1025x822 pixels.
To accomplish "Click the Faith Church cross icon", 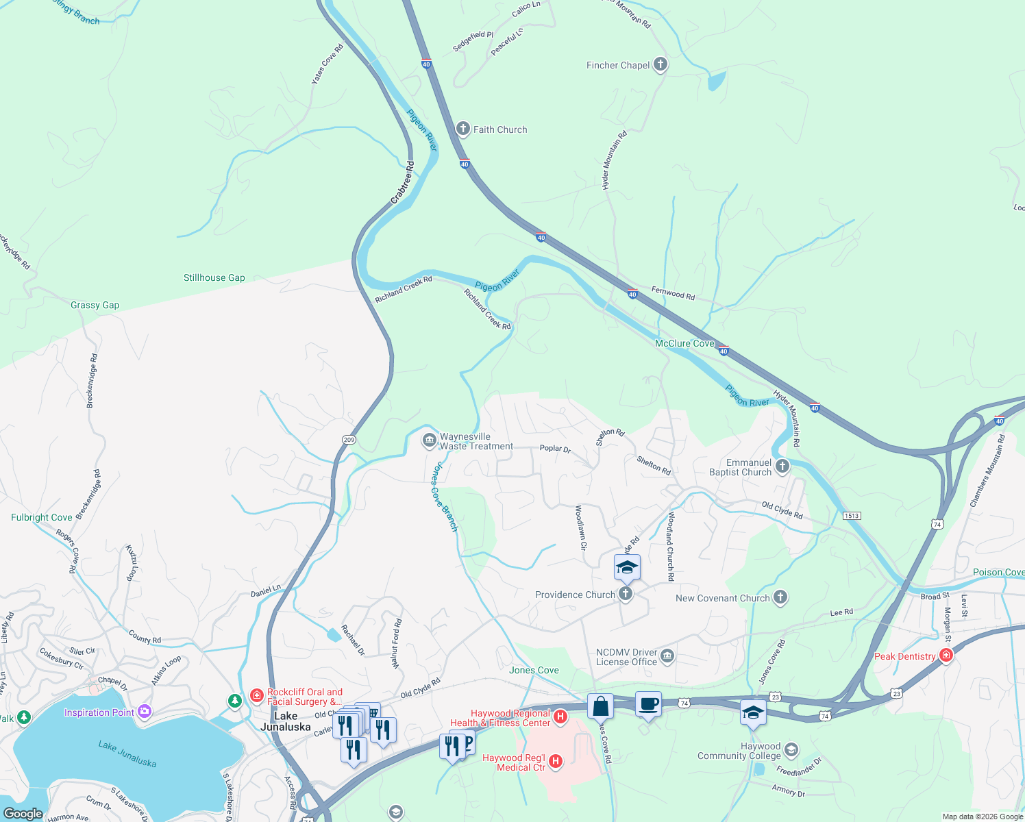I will click(463, 129).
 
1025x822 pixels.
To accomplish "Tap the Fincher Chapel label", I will click(617, 65).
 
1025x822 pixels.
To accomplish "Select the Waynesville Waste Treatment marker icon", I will click(430, 440).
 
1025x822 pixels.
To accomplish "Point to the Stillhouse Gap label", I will click(214, 277).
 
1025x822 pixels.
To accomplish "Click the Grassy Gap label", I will click(95, 305).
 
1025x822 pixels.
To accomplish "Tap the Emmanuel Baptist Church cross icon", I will click(782, 466).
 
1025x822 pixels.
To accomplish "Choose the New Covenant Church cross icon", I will click(780, 597).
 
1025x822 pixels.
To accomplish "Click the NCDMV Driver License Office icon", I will click(667, 656).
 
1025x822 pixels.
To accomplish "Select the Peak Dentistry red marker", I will click(946, 656).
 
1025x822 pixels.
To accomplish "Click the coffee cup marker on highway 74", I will click(648, 704).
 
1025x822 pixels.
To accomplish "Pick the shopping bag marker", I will click(600, 706).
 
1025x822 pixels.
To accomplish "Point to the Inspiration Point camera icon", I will click(144, 712).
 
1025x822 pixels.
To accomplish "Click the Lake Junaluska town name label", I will click(285, 721).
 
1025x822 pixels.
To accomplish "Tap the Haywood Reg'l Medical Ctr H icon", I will click(556, 761).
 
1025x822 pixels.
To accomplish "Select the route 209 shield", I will click(349, 440).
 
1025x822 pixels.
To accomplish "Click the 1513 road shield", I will click(851, 516).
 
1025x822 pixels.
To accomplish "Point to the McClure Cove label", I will click(684, 343).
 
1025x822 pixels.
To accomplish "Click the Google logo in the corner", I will click(23, 814).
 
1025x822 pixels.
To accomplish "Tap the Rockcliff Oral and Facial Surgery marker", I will click(256, 696).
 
